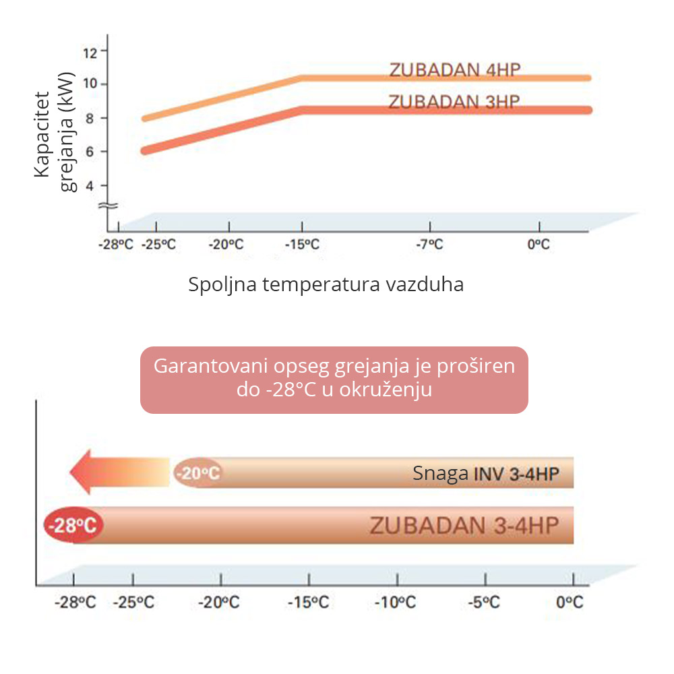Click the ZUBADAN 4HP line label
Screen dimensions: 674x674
tap(454, 70)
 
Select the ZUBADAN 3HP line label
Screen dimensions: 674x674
tap(454, 102)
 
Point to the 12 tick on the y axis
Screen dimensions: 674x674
tap(91, 51)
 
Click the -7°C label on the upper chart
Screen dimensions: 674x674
tap(429, 245)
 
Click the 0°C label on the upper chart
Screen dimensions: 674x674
tap(538, 245)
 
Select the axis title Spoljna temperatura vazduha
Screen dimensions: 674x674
tap(326, 284)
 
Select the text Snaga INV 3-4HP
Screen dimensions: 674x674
tap(485, 474)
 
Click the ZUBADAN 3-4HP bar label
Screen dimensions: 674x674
tap(464, 525)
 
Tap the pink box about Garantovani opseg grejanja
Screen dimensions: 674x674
tap(334, 379)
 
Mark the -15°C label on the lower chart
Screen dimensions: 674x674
tap(309, 602)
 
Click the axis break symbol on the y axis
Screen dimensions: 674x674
tap(109, 205)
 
